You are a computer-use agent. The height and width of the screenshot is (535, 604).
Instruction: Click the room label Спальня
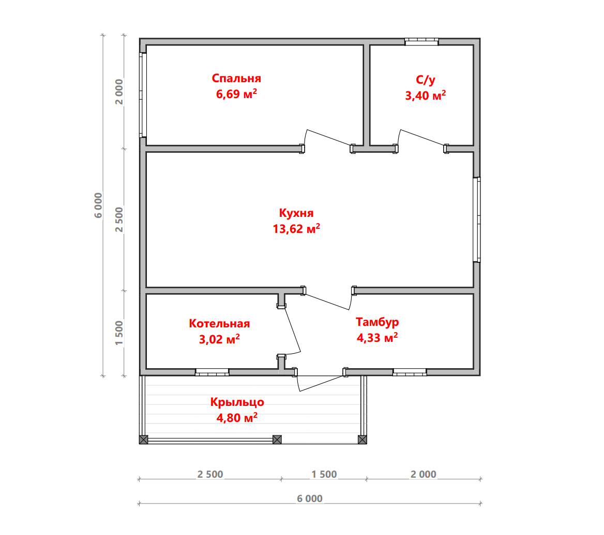(x=236, y=78)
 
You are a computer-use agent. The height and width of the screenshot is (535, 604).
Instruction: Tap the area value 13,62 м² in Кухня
(x=296, y=229)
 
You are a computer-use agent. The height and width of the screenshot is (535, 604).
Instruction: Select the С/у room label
(x=425, y=80)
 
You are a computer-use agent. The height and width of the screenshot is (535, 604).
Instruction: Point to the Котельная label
(x=219, y=323)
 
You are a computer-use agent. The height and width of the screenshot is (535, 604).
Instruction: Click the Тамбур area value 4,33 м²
(x=377, y=338)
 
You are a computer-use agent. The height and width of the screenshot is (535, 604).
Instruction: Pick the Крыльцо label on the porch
(x=237, y=402)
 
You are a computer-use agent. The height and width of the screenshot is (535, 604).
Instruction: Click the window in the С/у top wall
(x=421, y=41)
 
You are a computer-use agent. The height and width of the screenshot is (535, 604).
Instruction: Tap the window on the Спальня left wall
(x=143, y=95)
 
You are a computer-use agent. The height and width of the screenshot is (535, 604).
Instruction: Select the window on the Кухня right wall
(x=477, y=219)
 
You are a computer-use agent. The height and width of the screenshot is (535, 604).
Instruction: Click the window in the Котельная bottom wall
(x=212, y=372)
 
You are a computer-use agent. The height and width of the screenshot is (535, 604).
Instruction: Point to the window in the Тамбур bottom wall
(x=410, y=372)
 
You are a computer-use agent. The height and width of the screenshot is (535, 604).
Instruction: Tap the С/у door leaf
(x=422, y=137)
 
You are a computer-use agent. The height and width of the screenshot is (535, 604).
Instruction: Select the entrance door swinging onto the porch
(x=320, y=384)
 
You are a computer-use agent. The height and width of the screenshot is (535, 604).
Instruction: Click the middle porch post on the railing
(x=277, y=439)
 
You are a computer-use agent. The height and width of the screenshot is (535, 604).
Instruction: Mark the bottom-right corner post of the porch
(x=362, y=439)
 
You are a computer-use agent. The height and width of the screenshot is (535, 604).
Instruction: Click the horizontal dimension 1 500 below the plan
(x=324, y=475)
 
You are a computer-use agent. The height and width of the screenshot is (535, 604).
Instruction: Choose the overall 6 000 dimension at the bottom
(x=310, y=499)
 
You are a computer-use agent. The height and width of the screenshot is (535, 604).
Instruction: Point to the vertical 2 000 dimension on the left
(x=119, y=92)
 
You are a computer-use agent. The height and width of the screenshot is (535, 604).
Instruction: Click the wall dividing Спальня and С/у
(x=367, y=95)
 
